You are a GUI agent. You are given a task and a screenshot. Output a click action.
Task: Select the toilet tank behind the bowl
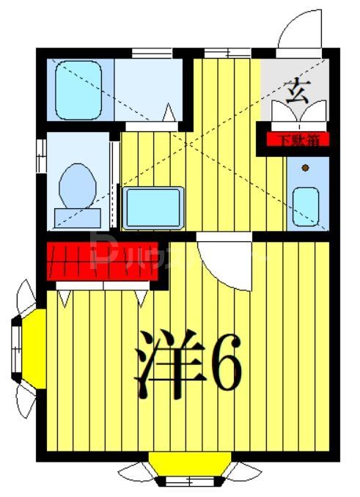(76, 217)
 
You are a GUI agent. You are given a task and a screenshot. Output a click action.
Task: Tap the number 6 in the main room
(223, 364)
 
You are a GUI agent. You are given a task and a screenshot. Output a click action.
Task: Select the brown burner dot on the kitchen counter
(305, 169)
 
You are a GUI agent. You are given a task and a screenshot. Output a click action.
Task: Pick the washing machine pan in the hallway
(153, 207)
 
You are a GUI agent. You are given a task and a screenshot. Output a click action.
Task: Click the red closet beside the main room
(103, 259)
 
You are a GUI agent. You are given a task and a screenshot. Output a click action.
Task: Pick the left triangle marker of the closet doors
(65, 299)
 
